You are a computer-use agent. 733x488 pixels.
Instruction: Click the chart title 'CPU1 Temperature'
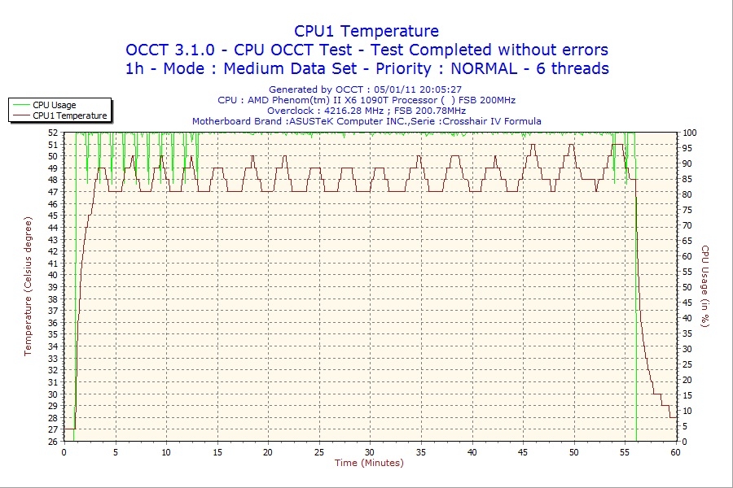(x=366, y=31)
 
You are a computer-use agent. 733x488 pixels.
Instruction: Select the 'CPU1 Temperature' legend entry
(x=70, y=115)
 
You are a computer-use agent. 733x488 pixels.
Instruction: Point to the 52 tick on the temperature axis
(x=53, y=132)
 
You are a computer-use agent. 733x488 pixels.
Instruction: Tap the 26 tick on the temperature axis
(x=53, y=442)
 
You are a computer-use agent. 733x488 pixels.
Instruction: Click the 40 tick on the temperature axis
(x=53, y=275)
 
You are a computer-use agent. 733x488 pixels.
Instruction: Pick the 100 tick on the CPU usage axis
(x=688, y=132)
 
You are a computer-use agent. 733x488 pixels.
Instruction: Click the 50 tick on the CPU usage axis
(x=686, y=287)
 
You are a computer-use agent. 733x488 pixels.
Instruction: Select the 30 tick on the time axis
(x=370, y=452)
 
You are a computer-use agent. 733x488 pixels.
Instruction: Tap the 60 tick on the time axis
(x=675, y=452)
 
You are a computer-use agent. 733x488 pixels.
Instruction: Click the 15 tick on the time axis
(x=217, y=452)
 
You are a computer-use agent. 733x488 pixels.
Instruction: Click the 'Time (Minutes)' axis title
(x=369, y=464)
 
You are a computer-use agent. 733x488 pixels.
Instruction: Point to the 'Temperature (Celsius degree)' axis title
(x=28, y=286)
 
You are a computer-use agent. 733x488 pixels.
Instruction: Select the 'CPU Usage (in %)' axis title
(x=705, y=286)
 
